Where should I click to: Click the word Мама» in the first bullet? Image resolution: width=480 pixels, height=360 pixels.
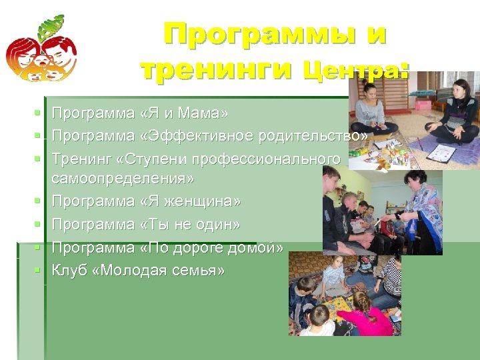212,113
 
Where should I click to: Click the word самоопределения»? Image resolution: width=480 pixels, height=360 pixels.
123,179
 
